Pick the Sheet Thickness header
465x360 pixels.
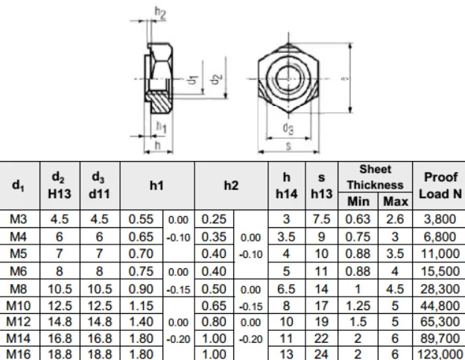pos(373,177)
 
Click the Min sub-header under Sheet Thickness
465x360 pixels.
pos(358,201)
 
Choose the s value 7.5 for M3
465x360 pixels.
pos(321,218)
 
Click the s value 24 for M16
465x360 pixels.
pos(321,353)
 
